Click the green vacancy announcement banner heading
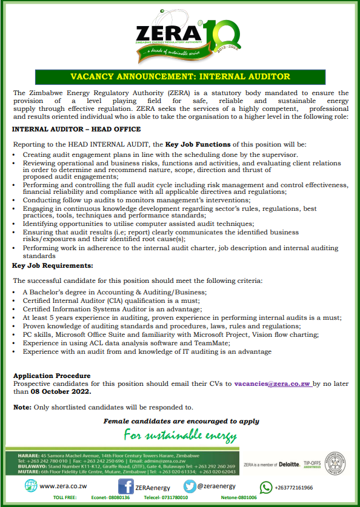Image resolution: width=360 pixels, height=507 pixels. point(180,77)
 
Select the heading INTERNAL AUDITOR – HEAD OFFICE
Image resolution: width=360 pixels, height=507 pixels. point(76,129)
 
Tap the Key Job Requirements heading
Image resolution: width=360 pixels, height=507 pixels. point(53,265)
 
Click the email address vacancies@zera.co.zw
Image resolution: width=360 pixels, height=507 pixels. point(272,383)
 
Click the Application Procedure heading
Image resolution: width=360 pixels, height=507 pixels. point(52,376)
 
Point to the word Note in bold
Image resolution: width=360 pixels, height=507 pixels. point(21,407)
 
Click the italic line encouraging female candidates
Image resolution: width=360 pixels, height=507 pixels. point(181,421)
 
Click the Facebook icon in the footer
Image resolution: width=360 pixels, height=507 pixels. point(125,486)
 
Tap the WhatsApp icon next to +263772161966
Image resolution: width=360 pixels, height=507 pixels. point(266,487)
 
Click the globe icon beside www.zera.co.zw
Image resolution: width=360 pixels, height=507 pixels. point(30,486)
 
